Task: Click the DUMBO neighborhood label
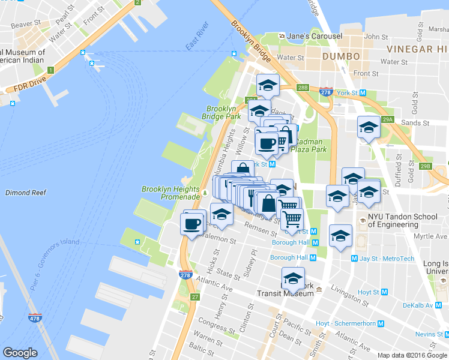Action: (340, 56)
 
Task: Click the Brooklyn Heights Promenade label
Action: (170, 193)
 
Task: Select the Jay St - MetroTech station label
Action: (387, 259)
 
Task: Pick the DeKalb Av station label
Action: (417, 305)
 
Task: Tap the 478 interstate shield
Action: (35, 318)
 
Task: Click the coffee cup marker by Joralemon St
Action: (191, 224)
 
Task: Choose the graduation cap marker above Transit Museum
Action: (293, 278)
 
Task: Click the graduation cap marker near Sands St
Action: (369, 127)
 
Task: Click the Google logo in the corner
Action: (20, 353)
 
